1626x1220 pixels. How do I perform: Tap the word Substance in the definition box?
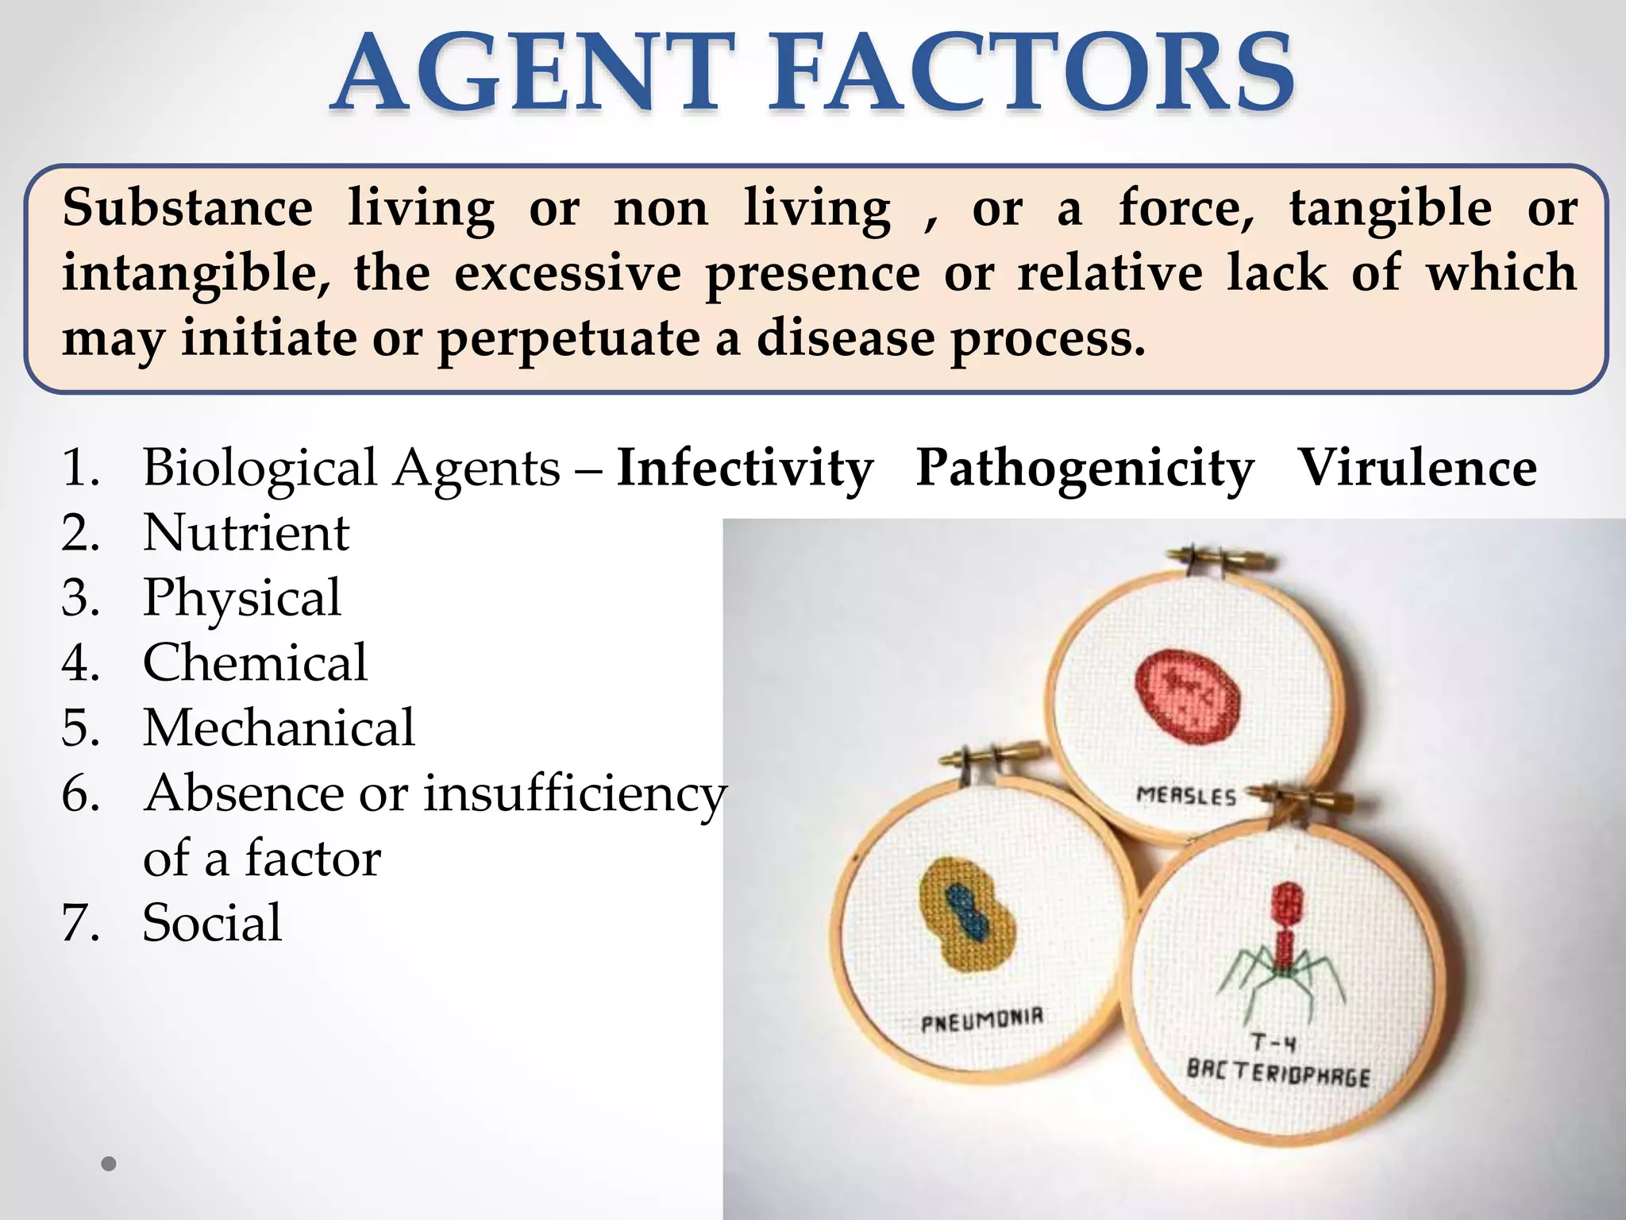187,208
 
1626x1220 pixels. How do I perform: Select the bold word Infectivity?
745,468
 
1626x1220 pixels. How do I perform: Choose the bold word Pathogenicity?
1085,468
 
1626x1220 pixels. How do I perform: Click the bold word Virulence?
1416,468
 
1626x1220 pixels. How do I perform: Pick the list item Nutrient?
246,532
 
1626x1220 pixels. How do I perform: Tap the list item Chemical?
255,662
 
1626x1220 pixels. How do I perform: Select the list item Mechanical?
279,728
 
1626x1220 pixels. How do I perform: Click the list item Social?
212,923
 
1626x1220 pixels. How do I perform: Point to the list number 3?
79,597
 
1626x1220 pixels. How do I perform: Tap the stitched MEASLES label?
1186,795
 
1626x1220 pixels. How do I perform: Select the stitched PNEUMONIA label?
982,1019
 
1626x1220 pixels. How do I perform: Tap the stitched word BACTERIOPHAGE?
1278,1072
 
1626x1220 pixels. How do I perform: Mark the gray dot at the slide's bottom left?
109,1164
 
